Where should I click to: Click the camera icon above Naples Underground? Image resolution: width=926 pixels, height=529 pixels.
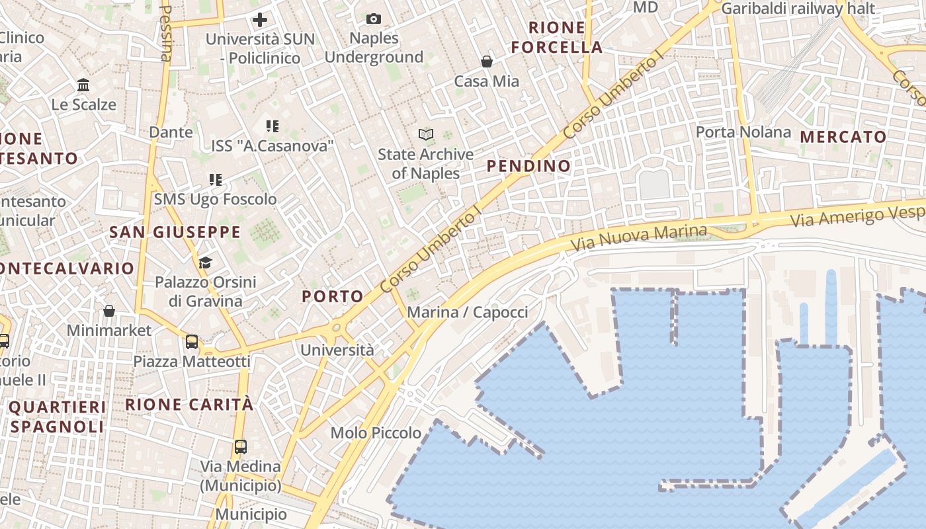click(x=374, y=19)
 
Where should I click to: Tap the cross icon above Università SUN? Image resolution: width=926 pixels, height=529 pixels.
click(x=260, y=20)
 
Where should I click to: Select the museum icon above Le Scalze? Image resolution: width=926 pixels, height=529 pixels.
click(x=83, y=85)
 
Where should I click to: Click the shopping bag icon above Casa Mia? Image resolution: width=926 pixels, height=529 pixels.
click(x=487, y=61)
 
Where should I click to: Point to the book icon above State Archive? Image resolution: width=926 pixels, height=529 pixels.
click(x=426, y=135)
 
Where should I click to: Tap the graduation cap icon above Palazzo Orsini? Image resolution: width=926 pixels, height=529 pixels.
click(x=205, y=263)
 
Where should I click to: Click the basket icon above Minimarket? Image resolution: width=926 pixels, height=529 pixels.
click(x=109, y=310)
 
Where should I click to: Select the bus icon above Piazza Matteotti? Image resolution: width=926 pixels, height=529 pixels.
click(x=192, y=342)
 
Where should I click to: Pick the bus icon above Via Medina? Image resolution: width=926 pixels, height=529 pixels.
click(x=241, y=446)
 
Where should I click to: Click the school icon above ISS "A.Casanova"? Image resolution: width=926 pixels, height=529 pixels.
click(x=273, y=126)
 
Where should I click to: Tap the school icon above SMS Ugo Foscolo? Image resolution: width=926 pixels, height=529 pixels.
click(x=216, y=179)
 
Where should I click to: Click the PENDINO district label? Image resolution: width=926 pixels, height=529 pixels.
click(x=528, y=166)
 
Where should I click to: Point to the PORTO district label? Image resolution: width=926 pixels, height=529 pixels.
click(x=333, y=296)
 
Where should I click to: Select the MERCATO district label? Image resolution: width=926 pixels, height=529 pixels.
click(x=843, y=137)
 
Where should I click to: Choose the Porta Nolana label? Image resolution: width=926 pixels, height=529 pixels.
click(x=743, y=132)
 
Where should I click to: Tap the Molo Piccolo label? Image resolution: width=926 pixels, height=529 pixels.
click(x=376, y=432)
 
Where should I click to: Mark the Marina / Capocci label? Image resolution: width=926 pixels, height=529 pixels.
click(x=467, y=312)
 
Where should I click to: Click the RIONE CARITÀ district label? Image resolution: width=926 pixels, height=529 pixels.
click(x=189, y=404)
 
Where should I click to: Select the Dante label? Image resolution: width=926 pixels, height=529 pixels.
click(x=171, y=132)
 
